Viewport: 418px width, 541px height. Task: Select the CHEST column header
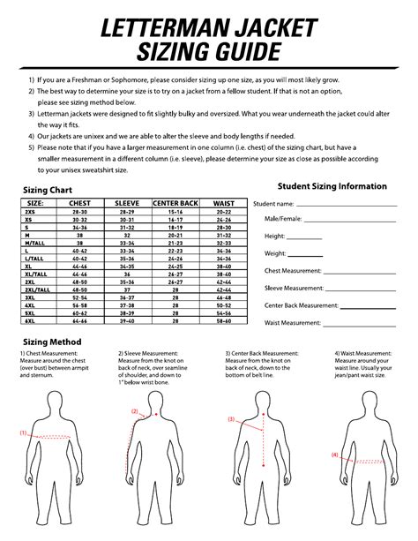pyautogui.click(x=79, y=203)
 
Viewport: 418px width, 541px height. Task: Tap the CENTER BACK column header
pyautogui.click(x=175, y=203)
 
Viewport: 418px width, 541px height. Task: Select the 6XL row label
pyautogui.click(x=30, y=320)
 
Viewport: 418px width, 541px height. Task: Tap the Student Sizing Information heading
pyautogui.click(x=332, y=186)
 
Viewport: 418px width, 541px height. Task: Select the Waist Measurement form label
pyautogui.click(x=292, y=323)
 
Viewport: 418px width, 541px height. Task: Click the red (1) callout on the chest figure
pyautogui.click(x=24, y=433)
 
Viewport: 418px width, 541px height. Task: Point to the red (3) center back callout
pyautogui.click(x=231, y=419)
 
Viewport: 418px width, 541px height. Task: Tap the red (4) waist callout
pyautogui.click(x=335, y=455)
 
